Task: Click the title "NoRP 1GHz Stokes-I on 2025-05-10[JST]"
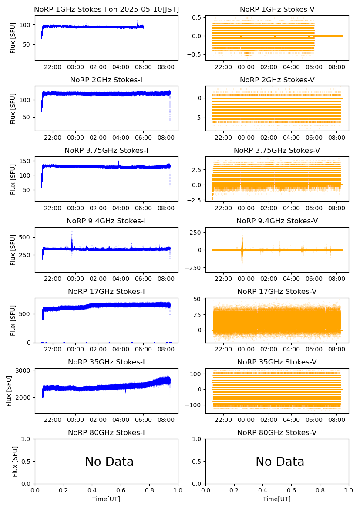point(106,9)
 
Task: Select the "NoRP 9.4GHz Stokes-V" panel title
point(277,221)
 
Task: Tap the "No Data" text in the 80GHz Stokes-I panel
point(109,462)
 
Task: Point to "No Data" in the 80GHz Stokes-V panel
point(280,462)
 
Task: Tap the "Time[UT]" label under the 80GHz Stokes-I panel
point(106,499)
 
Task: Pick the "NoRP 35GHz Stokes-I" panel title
point(106,362)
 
